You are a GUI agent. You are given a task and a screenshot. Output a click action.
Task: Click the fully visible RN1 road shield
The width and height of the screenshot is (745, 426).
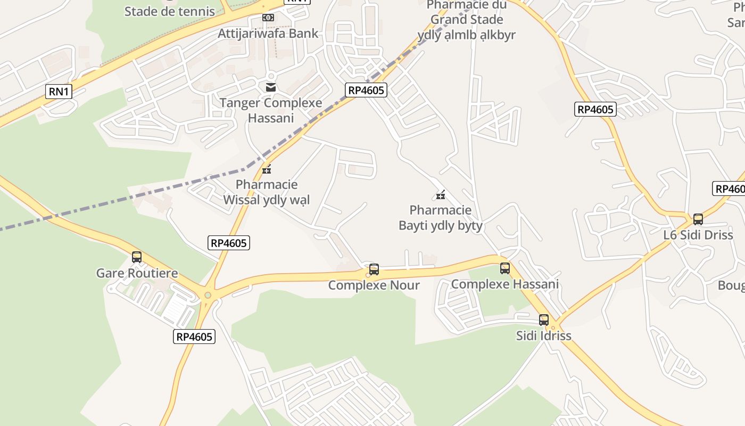[59, 92]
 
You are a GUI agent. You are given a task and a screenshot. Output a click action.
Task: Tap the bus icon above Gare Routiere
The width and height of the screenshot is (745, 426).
[137, 257]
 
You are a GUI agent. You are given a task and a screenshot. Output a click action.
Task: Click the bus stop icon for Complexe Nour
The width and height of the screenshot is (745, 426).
[374, 269]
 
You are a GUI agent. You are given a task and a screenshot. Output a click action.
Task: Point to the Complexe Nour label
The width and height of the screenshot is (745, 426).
[374, 285]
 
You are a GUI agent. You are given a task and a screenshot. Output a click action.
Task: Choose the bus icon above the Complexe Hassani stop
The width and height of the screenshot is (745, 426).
[505, 268]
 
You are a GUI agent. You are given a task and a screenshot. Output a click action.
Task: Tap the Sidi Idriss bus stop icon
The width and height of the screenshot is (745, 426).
[544, 320]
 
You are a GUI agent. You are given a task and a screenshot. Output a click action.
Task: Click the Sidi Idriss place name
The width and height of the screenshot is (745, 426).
[544, 335]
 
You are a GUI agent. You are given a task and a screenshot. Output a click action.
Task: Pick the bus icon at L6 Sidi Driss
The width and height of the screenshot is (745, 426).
[698, 219]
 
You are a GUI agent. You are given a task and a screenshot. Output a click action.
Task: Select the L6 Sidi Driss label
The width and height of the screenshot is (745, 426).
[698, 235]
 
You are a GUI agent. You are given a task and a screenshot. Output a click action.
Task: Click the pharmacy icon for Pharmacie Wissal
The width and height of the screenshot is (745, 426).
[267, 170]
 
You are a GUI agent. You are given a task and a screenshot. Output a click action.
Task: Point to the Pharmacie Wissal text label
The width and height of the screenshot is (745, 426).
[267, 192]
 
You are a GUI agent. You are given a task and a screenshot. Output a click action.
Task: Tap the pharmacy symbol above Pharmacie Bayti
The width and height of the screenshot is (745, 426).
[441, 195]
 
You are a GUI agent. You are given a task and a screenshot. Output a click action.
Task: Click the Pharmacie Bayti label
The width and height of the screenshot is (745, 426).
[441, 218]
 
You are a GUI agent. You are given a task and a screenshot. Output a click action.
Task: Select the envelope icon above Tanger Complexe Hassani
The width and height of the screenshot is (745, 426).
[271, 87]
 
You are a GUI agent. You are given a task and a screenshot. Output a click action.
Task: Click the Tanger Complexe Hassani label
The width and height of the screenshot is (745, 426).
[271, 110]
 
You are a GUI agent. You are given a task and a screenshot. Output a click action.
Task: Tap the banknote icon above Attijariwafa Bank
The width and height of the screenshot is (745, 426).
[268, 18]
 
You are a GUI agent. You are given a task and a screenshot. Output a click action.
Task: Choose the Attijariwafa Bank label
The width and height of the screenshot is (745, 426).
[268, 33]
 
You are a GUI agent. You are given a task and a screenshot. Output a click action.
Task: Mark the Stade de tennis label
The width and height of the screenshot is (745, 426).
[170, 11]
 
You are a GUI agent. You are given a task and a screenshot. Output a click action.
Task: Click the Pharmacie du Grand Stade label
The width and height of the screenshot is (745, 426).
[467, 20]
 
